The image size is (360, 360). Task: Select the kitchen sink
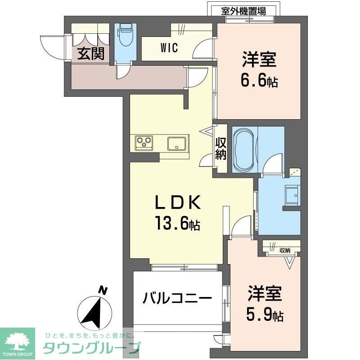click(x=178, y=144)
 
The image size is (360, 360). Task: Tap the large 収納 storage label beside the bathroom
click(x=220, y=148)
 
